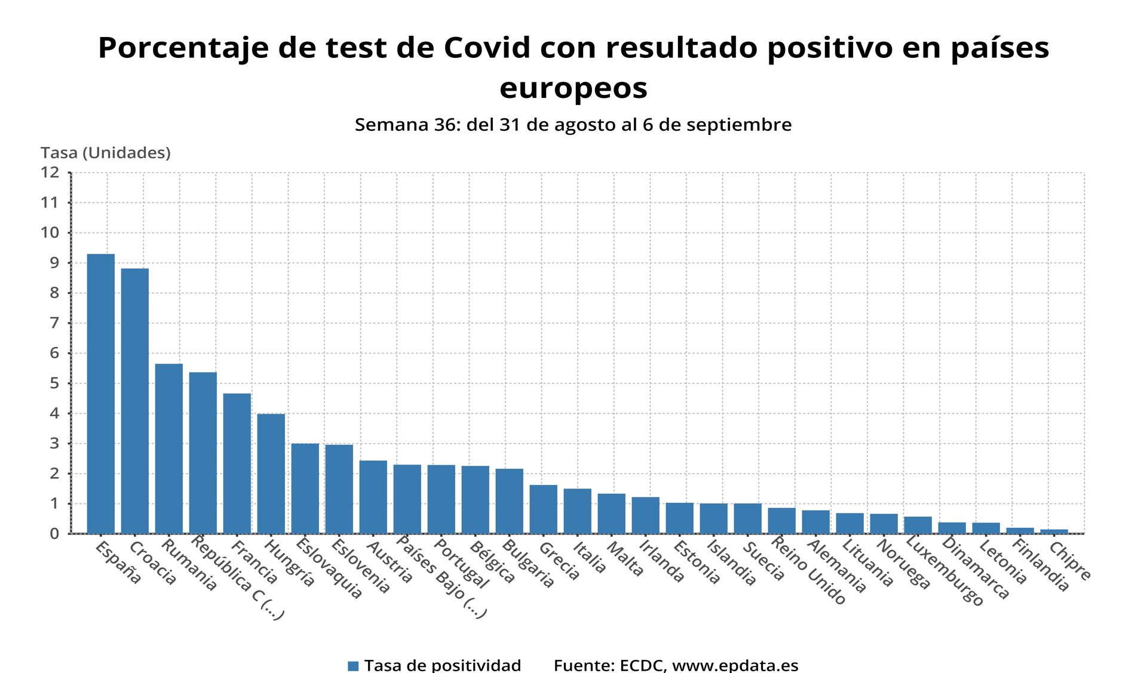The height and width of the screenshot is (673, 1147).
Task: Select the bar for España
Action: (x=101, y=394)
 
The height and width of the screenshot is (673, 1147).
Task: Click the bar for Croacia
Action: (x=135, y=401)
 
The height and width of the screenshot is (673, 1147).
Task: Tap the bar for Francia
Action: (x=237, y=463)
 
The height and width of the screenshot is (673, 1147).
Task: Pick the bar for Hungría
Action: (x=271, y=474)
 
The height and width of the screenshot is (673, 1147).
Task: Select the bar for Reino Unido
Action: (x=782, y=521)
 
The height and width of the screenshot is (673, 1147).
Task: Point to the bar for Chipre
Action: (x=1054, y=531)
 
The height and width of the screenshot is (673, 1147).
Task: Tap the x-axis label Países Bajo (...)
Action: (x=441, y=577)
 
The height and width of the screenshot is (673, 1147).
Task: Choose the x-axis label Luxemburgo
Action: (x=944, y=571)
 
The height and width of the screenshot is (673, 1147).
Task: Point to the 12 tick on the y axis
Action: (x=50, y=173)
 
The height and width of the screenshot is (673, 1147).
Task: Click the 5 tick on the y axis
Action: (x=54, y=383)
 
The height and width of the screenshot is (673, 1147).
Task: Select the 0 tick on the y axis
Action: (x=54, y=534)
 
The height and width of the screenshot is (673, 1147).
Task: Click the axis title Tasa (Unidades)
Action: (x=106, y=153)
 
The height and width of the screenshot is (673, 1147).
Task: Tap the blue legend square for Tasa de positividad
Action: (x=353, y=666)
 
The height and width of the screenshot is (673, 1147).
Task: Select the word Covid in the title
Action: (x=487, y=48)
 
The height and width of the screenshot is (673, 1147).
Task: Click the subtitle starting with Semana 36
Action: (x=573, y=125)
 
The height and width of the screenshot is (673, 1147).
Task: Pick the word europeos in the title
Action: (x=573, y=88)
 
